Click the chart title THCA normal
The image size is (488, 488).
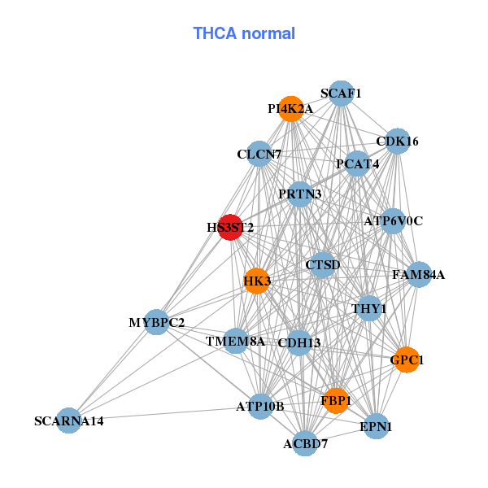[x=243, y=33]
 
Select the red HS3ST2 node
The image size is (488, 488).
[x=230, y=228]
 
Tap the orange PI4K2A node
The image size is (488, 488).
[x=290, y=109]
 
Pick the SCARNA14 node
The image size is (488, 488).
[x=69, y=420]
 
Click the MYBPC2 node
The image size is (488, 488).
[x=156, y=323]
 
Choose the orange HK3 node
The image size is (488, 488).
[x=257, y=281]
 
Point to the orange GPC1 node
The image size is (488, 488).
[x=407, y=359]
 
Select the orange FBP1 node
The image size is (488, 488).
[x=336, y=400]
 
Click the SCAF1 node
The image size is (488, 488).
[x=341, y=94]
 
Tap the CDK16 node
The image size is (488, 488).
[x=397, y=142]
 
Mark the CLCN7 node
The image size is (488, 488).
[x=259, y=154]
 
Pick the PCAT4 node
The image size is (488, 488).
[x=358, y=164]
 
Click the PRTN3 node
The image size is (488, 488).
[x=300, y=194]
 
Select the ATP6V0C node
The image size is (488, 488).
[x=393, y=221]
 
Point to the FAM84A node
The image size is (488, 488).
[x=419, y=275]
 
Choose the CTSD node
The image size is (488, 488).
[x=323, y=265]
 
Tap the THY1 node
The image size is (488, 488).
[x=369, y=308]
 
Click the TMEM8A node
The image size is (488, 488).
[x=236, y=342]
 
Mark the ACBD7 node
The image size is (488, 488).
[x=305, y=443]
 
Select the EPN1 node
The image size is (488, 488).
[x=376, y=426]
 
